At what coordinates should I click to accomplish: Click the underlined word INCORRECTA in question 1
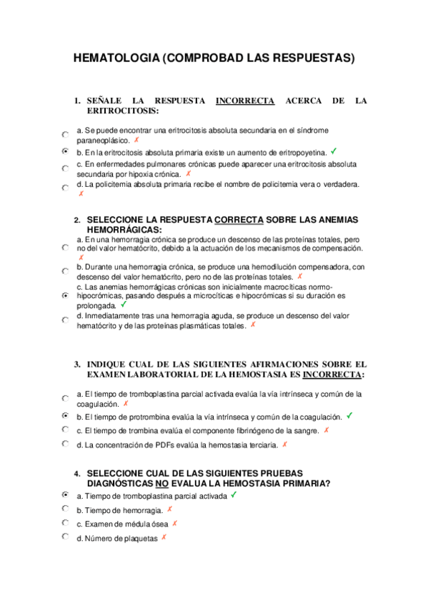click(x=245, y=101)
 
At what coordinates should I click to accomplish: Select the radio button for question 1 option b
click(x=65, y=152)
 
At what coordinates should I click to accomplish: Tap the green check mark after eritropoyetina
click(x=334, y=151)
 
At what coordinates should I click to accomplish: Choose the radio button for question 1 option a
click(x=65, y=134)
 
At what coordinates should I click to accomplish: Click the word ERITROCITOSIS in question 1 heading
click(x=122, y=111)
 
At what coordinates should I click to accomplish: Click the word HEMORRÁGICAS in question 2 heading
click(x=124, y=230)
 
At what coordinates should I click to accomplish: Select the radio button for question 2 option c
click(x=65, y=295)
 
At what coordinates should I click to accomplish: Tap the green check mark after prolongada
click(x=124, y=304)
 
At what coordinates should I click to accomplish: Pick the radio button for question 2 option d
click(x=65, y=320)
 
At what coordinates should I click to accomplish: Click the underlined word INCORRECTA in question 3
click(x=332, y=374)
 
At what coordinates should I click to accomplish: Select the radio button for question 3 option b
click(x=65, y=415)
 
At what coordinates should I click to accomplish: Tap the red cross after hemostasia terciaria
click(x=284, y=444)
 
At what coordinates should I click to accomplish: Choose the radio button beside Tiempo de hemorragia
click(x=65, y=509)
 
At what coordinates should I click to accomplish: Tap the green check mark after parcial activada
click(x=234, y=494)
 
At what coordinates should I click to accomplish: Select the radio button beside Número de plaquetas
click(x=65, y=537)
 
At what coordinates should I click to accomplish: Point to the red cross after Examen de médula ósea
click(x=174, y=523)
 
